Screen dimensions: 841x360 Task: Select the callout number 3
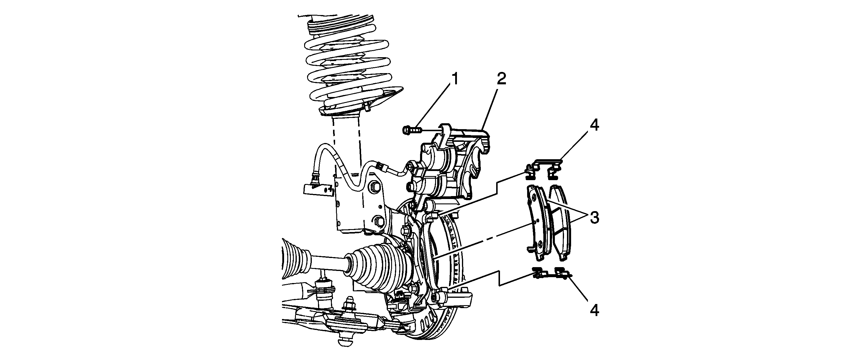(x=594, y=218)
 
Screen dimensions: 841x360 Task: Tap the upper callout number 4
(x=594, y=126)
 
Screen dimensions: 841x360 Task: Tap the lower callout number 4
(x=594, y=310)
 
